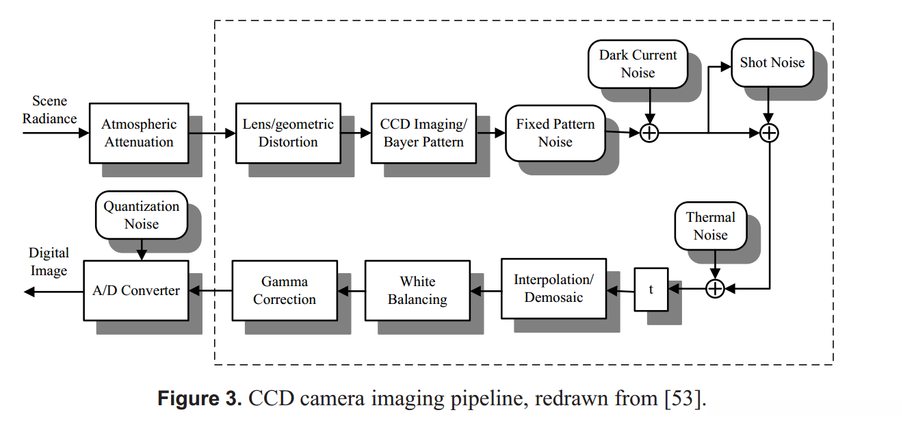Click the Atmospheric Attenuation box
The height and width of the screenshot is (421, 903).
(x=139, y=133)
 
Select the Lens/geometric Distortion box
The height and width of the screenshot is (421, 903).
(x=288, y=133)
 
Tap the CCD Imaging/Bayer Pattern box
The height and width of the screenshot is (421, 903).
(x=423, y=133)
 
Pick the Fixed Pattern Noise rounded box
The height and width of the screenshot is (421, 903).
(x=555, y=133)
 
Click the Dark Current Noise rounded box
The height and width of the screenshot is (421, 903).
(x=638, y=64)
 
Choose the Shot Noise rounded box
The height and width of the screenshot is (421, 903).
(x=772, y=63)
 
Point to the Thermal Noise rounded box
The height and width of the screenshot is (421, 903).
(x=711, y=226)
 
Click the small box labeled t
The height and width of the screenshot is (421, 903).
(x=651, y=290)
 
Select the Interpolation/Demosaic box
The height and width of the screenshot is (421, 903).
(x=553, y=288)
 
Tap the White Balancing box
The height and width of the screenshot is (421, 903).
(x=417, y=290)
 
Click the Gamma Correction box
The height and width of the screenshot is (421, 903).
(x=285, y=290)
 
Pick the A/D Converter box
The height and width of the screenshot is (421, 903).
(x=136, y=290)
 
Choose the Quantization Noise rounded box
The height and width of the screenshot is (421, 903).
(x=142, y=215)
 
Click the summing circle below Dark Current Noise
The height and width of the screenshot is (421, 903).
(x=649, y=133)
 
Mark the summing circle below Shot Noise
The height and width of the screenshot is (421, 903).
(x=770, y=133)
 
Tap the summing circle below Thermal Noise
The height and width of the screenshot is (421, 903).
(x=714, y=290)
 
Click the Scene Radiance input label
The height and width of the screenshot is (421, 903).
(x=49, y=110)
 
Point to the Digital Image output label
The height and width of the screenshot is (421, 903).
(x=49, y=262)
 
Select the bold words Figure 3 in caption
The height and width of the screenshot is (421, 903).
(x=200, y=399)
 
